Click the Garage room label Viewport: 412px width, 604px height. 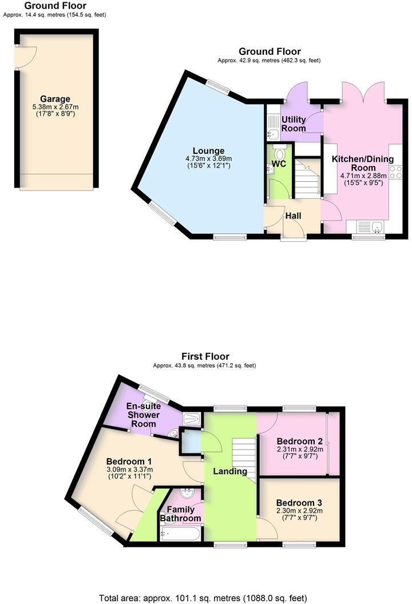[55, 99]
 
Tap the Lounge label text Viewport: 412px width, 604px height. [204, 151]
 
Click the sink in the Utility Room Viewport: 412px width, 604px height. [273, 134]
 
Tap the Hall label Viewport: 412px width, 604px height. [294, 216]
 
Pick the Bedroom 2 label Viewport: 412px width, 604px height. [299, 441]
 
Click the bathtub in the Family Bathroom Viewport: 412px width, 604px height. [181, 535]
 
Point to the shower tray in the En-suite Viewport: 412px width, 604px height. [192, 419]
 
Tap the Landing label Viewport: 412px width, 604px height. [229, 471]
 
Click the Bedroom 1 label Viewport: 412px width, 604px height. [129, 462]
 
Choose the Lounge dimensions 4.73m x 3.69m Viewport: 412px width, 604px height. [204, 158]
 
